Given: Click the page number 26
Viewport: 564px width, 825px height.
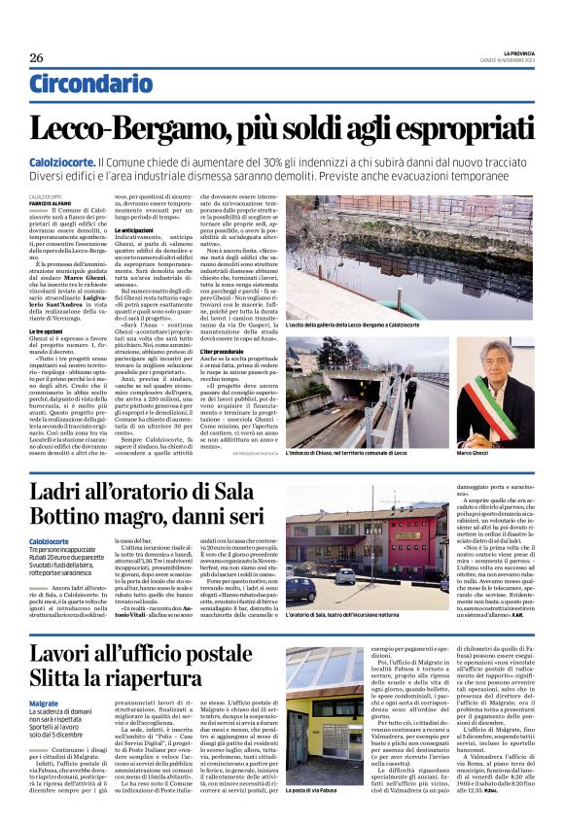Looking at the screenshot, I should click(x=36, y=57).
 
